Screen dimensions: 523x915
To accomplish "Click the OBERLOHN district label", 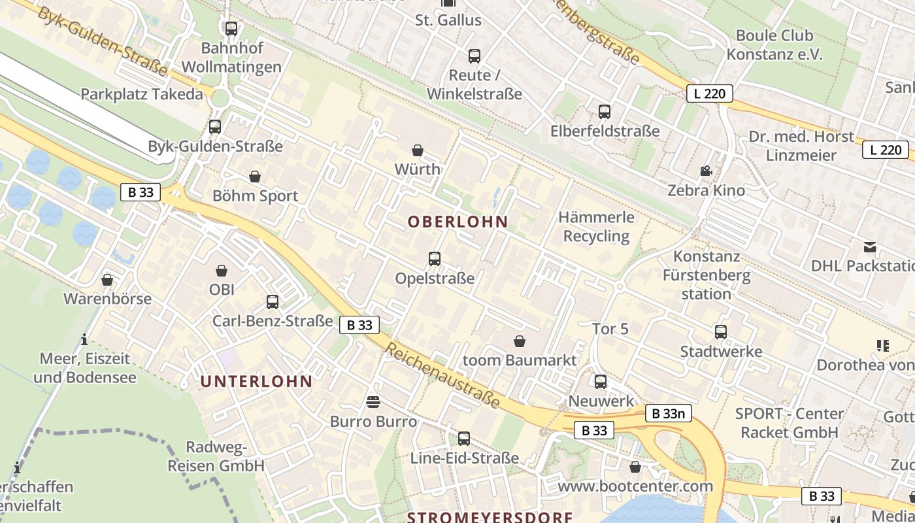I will click(457, 222).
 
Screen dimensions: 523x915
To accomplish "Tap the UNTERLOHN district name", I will click(256, 382).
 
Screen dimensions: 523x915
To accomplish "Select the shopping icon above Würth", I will click(418, 151).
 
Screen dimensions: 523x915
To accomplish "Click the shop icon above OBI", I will click(222, 270).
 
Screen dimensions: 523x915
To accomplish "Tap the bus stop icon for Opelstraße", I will click(435, 259).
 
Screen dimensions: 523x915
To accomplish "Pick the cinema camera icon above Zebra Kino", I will click(706, 171).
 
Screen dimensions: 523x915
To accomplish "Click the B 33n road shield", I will click(668, 413).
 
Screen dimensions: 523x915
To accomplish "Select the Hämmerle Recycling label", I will click(596, 226).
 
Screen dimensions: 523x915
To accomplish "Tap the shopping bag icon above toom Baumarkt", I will click(520, 341).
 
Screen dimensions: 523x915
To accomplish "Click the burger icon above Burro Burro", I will click(373, 401).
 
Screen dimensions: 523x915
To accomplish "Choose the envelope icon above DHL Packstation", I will click(870, 247).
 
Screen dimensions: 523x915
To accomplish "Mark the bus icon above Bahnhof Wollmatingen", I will click(231, 29).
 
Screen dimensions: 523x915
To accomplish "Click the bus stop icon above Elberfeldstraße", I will click(605, 112).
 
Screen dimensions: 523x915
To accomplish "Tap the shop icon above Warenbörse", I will click(107, 280).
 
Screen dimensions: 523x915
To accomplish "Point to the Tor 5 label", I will click(610, 329).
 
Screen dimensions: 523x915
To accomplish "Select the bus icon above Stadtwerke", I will click(721, 332).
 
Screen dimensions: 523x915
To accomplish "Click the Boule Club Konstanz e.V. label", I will click(774, 44).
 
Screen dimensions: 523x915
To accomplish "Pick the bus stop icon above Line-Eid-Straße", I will click(464, 439).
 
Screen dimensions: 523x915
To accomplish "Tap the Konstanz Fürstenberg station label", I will click(707, 275).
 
